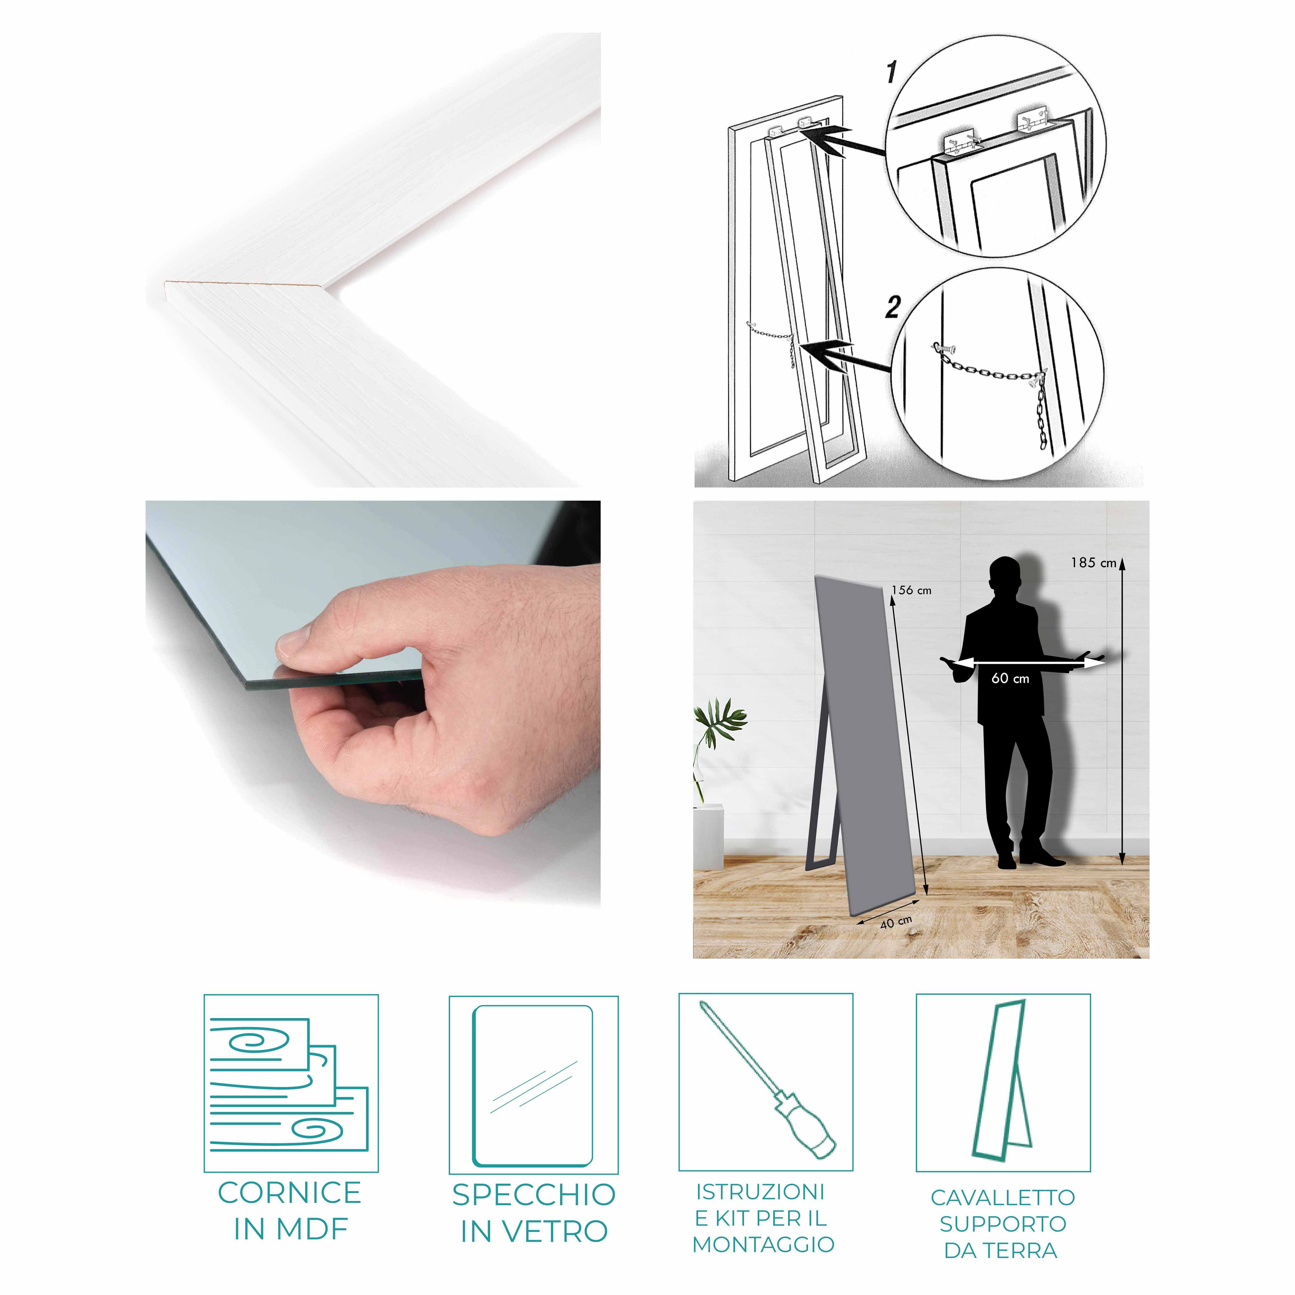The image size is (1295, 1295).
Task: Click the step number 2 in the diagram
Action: pyautogui.click(x=892, y=308)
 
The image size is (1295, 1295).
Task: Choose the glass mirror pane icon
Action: pyautogui.click(x=533, y=1086)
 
